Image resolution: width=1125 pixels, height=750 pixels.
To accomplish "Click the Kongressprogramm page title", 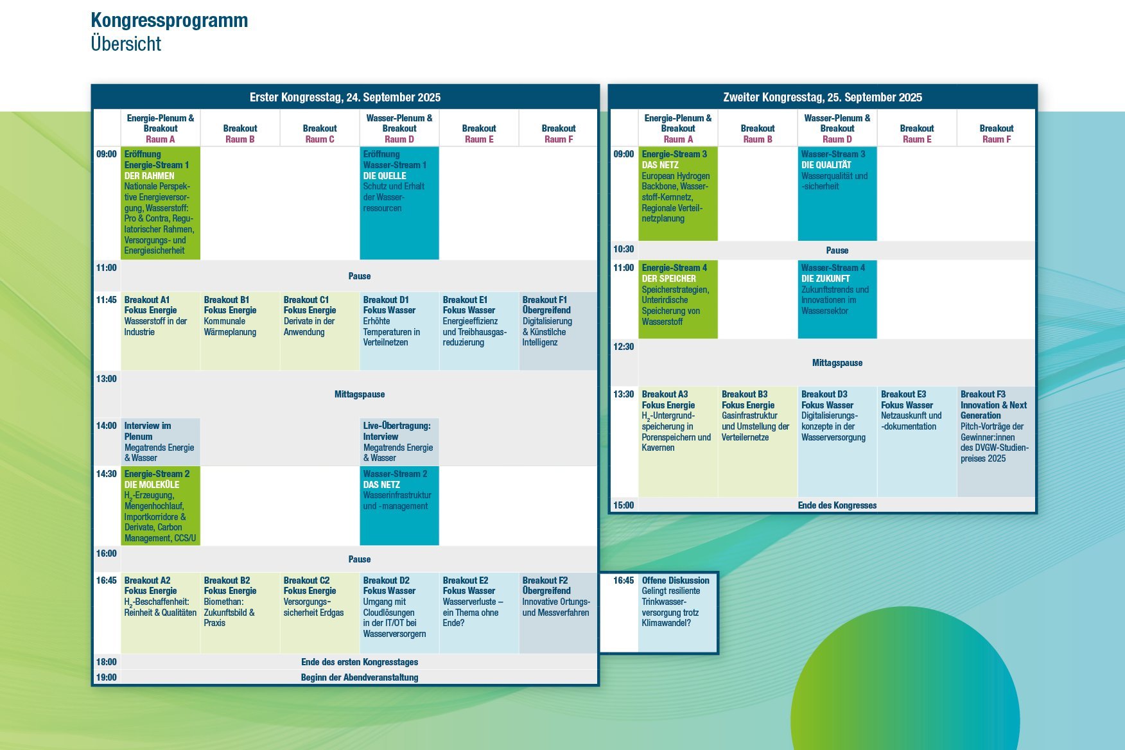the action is pos(170,21).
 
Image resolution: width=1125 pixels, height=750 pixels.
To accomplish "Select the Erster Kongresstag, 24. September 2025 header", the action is pos(345,97).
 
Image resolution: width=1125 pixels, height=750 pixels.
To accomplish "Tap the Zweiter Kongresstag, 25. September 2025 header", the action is pos(823,97).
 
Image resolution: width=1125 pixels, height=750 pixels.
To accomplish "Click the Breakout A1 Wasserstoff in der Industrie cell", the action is pos(161,331).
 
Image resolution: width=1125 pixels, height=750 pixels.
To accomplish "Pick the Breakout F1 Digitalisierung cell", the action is pos(558,331).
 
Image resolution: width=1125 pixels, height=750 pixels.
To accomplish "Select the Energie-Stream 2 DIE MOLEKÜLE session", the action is pos(161,506).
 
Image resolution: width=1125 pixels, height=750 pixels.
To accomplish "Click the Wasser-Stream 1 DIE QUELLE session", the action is pos(399,203).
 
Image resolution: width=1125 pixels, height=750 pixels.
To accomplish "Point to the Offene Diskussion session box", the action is pos(677,613).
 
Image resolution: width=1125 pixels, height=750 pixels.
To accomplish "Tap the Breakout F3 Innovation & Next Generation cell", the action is pos(996,442).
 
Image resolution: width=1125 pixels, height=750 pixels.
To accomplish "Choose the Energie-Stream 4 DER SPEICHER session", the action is pos(678,299).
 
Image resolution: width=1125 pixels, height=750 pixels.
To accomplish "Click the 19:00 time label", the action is pos(107,677).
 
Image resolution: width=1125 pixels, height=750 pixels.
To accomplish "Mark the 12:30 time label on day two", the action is pos(624,347).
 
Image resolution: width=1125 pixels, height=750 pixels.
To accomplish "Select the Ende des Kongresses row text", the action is pos(837,505).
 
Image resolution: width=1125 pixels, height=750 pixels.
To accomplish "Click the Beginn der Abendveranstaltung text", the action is pos(360,677).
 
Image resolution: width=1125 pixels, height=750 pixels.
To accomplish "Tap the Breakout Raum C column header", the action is pos(320,134).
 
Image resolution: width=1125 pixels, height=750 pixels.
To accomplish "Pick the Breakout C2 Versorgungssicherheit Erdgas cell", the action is pos(320,613).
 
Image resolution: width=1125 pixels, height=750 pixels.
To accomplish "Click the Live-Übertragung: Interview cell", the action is pos(399,442).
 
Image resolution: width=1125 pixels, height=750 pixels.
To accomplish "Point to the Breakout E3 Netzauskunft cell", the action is pos(917,442).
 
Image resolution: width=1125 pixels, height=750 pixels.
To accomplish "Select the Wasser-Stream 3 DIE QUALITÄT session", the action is pos(837,194).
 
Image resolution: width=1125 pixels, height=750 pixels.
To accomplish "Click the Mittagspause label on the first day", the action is pos(360,394).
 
